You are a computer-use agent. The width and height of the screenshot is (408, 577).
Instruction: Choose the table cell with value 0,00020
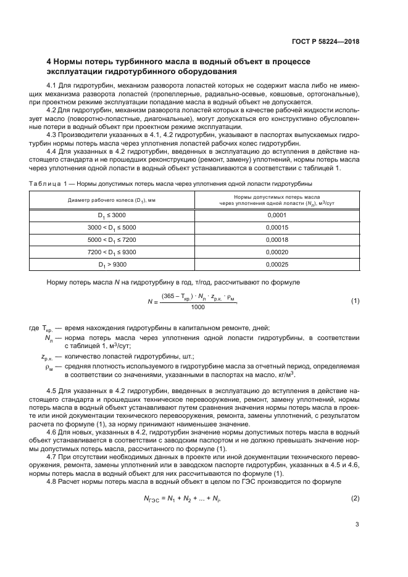tap(277, 252)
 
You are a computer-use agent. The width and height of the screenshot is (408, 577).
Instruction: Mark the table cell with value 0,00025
tap(277, 264)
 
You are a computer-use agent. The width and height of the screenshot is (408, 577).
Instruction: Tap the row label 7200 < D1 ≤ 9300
tap(112, 252)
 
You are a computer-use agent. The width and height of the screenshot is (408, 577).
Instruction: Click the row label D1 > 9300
tap(112, 264)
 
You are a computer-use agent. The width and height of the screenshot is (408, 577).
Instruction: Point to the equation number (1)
tap(355, 301)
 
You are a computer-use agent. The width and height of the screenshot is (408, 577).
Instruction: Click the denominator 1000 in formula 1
tap(198, 307)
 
